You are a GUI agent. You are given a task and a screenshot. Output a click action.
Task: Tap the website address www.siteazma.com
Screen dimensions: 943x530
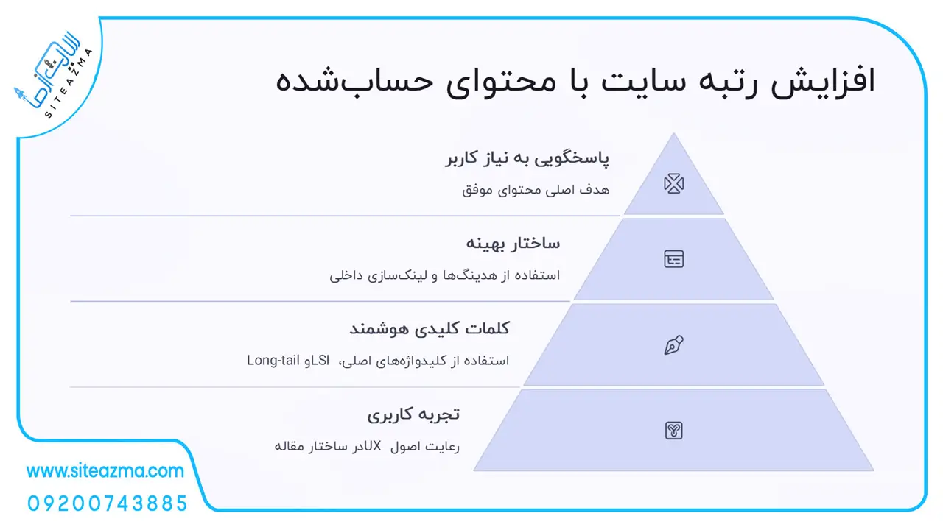(x=105, y=470)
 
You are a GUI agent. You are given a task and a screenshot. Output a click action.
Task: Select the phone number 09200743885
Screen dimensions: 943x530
(x=108, y=504)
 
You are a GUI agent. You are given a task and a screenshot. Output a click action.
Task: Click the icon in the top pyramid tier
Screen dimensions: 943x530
(x=673, y=183)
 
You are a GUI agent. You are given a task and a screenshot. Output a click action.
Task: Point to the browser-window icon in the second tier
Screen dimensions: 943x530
(x=673, y=258)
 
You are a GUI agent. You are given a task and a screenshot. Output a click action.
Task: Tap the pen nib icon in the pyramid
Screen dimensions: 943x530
(x=673, y=345)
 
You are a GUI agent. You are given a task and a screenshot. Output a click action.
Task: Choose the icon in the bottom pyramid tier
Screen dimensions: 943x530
(x=673, y=431)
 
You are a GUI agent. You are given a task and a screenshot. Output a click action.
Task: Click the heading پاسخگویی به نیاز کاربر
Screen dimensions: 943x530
(x=527, y=158)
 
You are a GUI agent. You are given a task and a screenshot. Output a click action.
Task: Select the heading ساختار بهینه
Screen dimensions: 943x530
(x=513, y=244)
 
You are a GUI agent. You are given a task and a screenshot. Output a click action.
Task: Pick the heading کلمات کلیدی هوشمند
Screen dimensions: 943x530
(x=430, y=328)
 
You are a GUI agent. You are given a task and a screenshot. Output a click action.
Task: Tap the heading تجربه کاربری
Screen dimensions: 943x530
(x=413, y=414)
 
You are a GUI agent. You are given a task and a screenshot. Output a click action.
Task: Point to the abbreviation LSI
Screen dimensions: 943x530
(x=320, y=361)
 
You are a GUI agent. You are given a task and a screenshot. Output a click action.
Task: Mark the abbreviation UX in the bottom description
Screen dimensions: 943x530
(x=373, y=446)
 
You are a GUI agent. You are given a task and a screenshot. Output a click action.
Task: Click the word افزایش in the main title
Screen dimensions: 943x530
(x=823, y=80)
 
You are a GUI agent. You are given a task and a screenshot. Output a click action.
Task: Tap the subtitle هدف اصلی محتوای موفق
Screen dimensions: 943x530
(x=536, y=190)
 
